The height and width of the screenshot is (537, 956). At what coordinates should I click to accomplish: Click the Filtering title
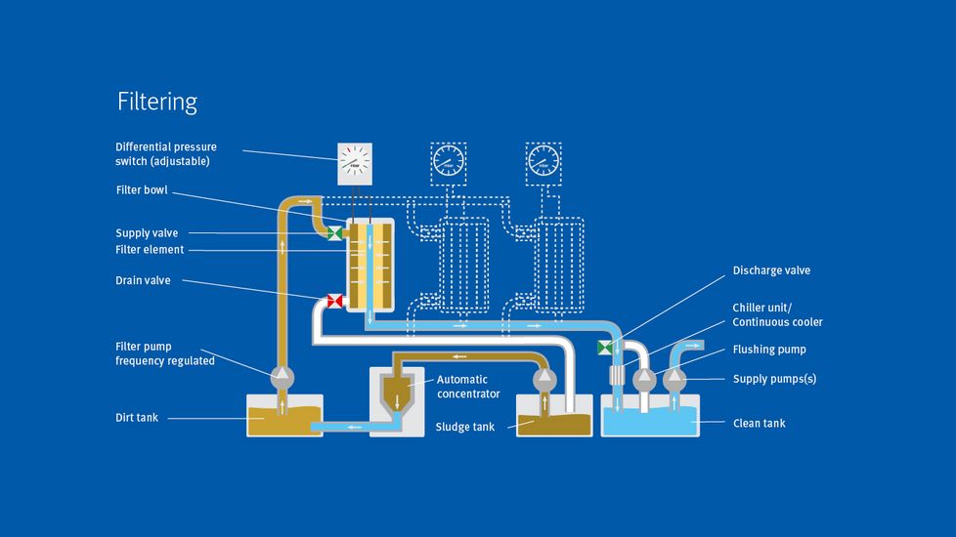click(157, 102)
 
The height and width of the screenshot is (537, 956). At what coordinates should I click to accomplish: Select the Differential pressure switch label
click(166, 153)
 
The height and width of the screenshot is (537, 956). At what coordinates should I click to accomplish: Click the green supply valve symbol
click(334, 233)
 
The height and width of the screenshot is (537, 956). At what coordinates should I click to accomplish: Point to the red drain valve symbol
click(334, 301)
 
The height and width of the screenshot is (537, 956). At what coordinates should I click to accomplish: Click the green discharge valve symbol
click(604, 348)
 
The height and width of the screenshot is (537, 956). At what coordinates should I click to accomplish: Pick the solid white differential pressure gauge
click(355, 164)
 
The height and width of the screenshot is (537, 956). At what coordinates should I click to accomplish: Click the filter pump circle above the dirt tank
click(281, 374)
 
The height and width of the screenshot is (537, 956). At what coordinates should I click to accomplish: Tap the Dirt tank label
click(136, 418)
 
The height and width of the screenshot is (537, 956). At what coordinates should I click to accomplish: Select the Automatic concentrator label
click(468, 387)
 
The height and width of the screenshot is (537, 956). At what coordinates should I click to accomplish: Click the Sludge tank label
click(465, 427)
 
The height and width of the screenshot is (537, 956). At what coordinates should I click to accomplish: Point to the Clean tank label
click(760, 423)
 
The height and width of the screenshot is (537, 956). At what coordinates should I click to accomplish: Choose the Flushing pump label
click(769, 350)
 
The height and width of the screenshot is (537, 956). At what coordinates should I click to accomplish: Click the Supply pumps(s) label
click(774, 379)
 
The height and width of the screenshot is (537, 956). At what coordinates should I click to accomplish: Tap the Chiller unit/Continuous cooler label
click(777, 314)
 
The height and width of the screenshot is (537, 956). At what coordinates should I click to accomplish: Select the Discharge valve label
click(771, 270)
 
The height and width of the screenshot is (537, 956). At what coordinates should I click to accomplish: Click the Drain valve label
click(143, 280)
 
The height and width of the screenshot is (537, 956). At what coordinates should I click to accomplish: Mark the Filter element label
click(150, 250)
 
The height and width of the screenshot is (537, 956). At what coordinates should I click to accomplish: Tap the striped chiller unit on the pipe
click(617, 376)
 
